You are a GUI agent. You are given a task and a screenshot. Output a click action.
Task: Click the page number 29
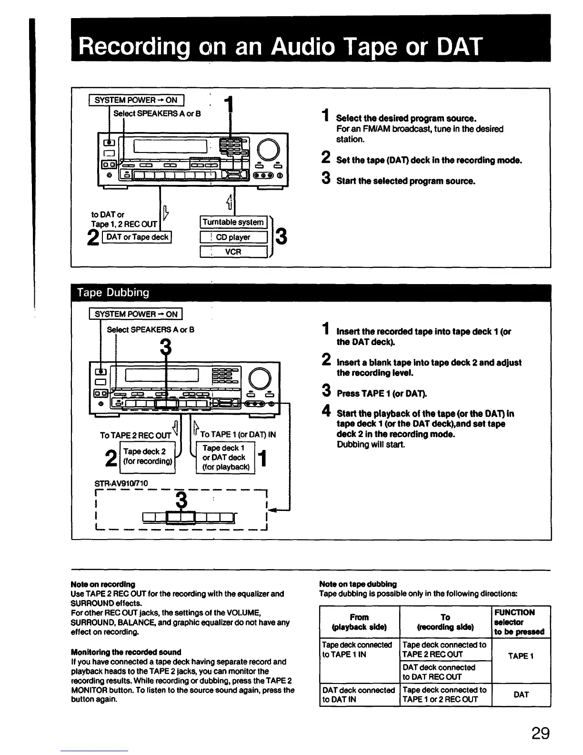point(540,733)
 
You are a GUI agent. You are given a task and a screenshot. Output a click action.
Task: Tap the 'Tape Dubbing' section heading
point(114,292)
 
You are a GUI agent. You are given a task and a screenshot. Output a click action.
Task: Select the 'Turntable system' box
point(233,222)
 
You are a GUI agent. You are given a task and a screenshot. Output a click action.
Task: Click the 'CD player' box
point(233,237)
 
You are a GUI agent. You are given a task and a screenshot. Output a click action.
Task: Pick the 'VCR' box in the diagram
point(233,252)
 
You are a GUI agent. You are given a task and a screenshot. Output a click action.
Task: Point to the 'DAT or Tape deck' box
point(138,237)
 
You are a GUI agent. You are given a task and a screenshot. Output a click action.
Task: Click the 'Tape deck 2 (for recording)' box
point(148,457)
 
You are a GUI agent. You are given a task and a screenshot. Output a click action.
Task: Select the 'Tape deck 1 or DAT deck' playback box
point(225,458)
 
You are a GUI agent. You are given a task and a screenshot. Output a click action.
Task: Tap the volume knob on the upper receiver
point(268,149)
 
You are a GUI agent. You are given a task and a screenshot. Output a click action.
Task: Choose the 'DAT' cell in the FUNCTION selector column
point(521,694)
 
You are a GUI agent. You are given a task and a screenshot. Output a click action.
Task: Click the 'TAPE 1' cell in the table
point(521,656)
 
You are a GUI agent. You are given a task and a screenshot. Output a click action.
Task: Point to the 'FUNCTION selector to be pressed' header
point(519,622)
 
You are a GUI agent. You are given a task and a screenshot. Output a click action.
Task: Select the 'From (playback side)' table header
point(359,622)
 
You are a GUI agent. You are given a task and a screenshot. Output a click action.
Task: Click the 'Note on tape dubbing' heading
point(358,584)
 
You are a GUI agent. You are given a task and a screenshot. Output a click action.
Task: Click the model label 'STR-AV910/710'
point(121,483)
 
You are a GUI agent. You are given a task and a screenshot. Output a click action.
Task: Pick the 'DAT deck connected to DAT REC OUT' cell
point(439,672)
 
